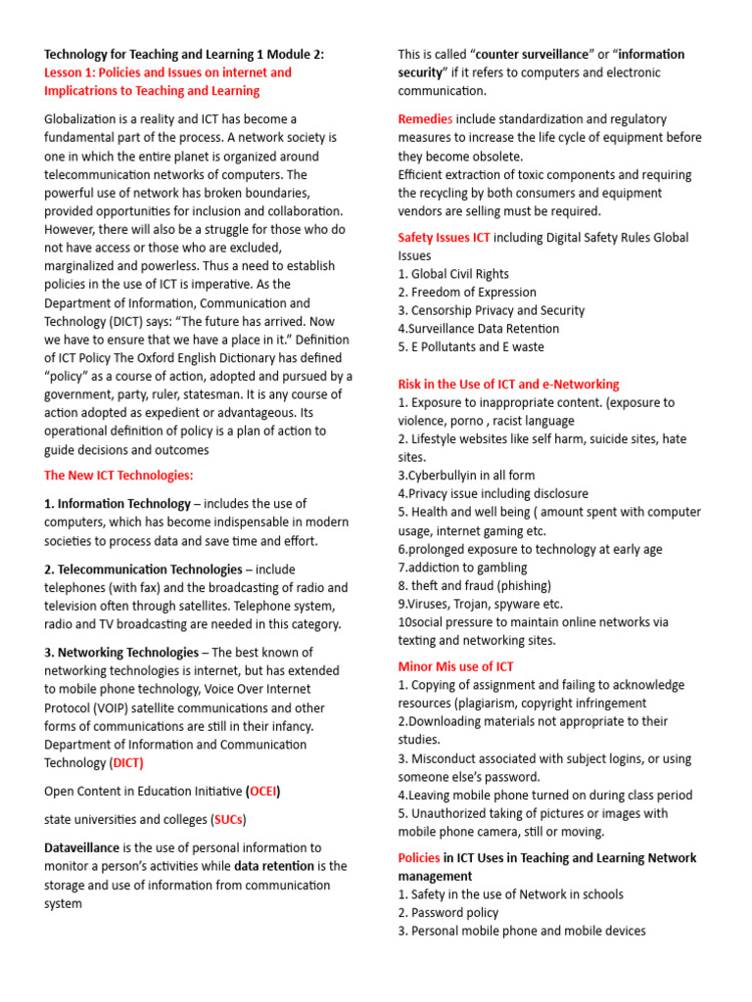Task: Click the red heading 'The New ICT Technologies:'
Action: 118,476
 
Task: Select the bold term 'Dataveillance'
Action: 82,847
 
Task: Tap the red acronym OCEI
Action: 262,791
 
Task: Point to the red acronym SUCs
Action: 229,819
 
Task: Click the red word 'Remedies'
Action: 425,118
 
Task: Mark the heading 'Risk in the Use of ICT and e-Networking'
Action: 508,384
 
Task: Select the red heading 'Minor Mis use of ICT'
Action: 455,666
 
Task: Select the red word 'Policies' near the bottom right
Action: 419,857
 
